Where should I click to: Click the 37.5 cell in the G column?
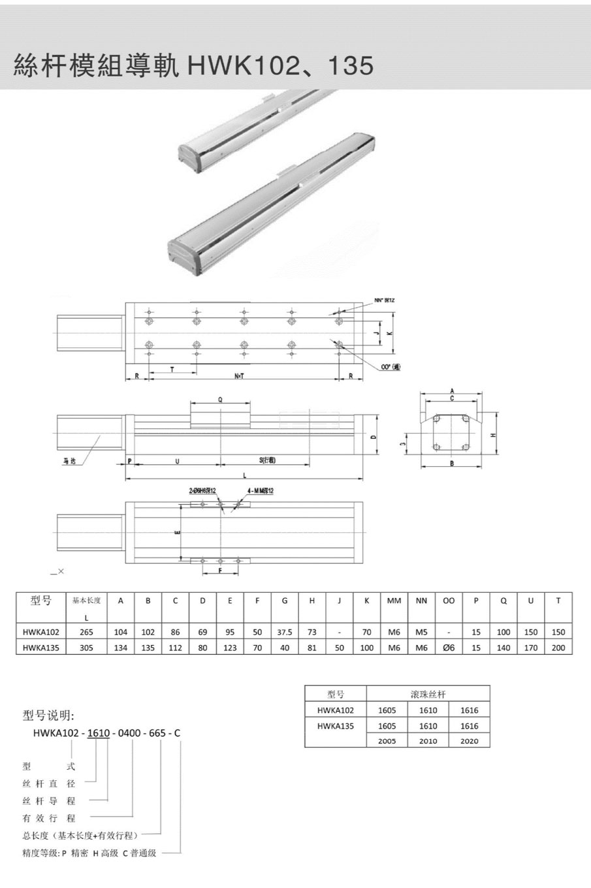point(284,632)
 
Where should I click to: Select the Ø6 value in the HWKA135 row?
point(448,648)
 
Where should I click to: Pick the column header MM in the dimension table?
point(394,601)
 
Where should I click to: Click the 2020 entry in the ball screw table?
point(469,741)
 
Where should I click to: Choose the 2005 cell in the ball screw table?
point(387,741)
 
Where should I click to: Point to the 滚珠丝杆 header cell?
point(428,694)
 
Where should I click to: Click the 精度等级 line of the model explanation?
point(89,853)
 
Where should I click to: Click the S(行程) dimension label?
point(267,460)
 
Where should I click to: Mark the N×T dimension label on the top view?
point(240,376)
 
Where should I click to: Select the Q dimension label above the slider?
point(220,400)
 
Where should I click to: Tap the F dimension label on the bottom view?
point(220,570)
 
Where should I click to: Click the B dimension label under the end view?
point(452,463)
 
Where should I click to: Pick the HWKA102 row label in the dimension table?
point(40,632)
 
